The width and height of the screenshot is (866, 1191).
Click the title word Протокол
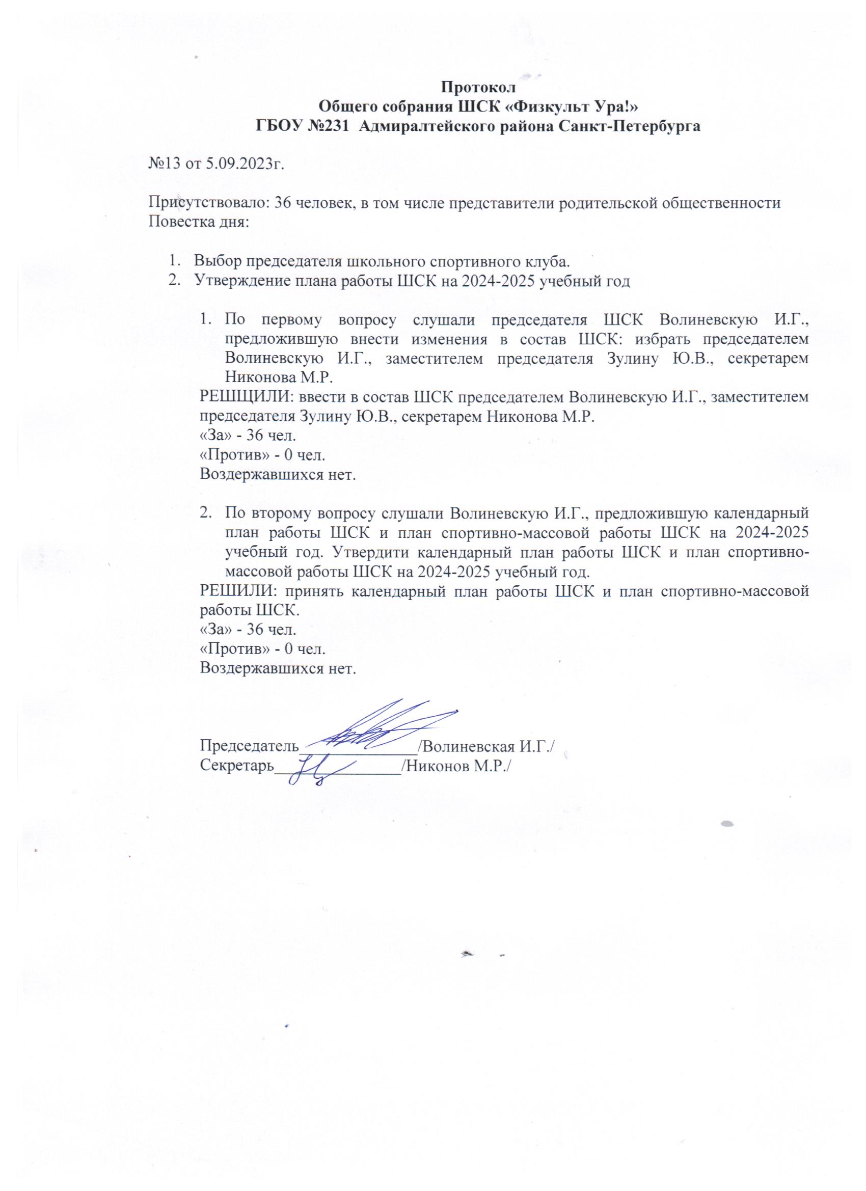[x=478, y=86]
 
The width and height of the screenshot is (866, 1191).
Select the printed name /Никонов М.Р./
[x=456, y=766]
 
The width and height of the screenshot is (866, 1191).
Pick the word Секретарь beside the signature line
[x=237, y=766]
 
